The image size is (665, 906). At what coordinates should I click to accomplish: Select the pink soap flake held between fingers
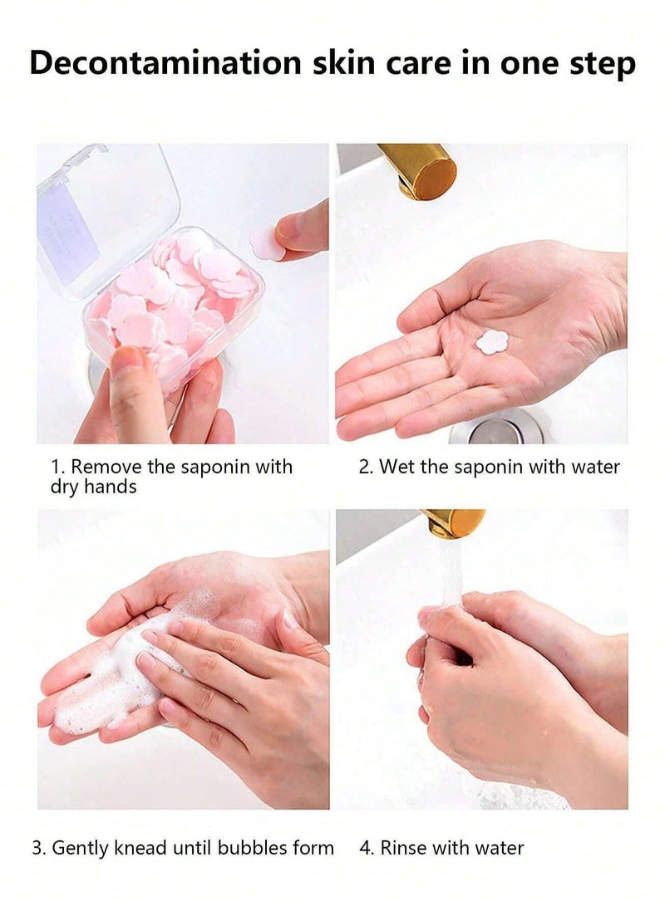point(268,242)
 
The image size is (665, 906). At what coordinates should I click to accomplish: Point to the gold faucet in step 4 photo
point(454,523)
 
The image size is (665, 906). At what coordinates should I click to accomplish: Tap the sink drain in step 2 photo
point(495,429)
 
